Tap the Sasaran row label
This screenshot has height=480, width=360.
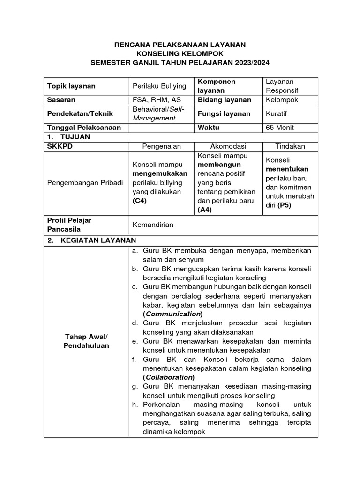[61, 100]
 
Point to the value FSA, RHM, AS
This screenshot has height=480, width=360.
[157, 100]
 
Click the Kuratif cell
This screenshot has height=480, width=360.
[277, 113]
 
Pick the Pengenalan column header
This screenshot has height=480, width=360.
[162, 146]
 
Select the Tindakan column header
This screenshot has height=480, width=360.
[290, 146]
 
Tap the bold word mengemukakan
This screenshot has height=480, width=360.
[160, 173]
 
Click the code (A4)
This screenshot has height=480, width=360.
[205, 210]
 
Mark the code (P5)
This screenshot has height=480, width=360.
[284, 205]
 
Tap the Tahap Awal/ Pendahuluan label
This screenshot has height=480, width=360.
[86, 341]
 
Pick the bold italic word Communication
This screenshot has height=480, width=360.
[173, 314]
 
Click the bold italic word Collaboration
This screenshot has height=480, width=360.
[168, 377]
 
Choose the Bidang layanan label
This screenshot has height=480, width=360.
[225, 100]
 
